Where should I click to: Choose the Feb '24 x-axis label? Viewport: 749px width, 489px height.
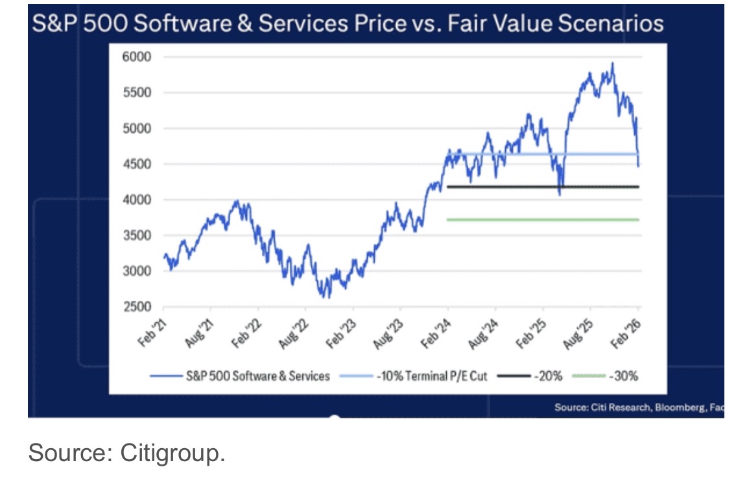[438, 333]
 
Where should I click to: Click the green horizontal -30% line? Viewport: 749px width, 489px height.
[543, 220]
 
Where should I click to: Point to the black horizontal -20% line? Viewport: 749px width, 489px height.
[543, 187]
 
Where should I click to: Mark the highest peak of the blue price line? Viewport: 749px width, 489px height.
[612, 64]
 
